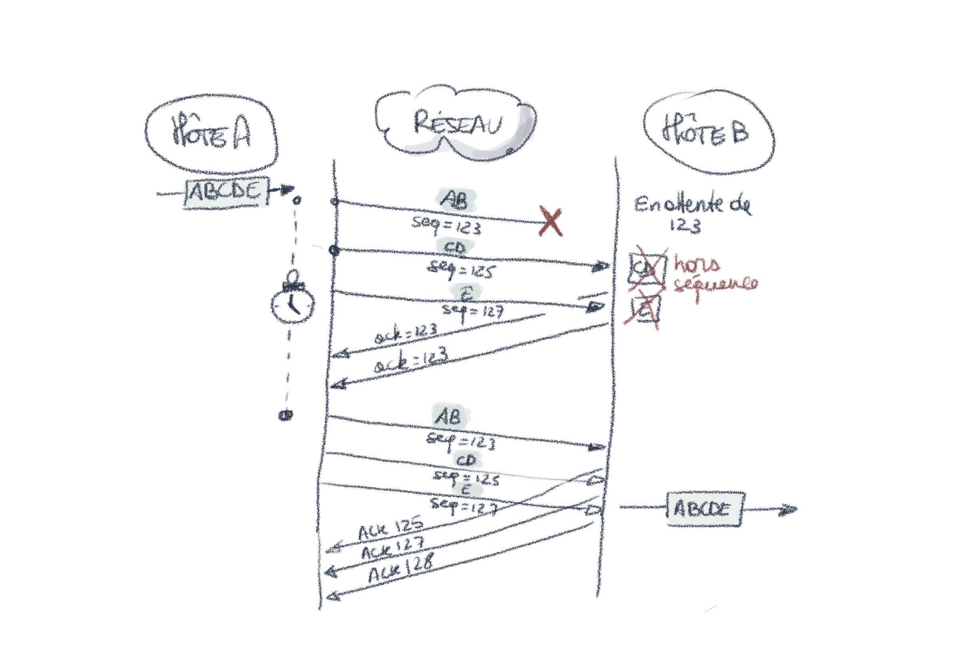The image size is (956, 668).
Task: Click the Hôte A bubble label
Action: point(211,133)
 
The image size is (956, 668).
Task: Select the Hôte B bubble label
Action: point(706,131)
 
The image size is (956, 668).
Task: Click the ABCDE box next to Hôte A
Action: point(226,192)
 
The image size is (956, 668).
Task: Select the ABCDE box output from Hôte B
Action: point(703,509)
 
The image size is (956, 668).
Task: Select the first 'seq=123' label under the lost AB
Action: point(446,225)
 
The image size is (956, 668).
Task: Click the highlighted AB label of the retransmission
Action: point(448,416)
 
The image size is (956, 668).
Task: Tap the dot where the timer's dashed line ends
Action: point(285,415)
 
